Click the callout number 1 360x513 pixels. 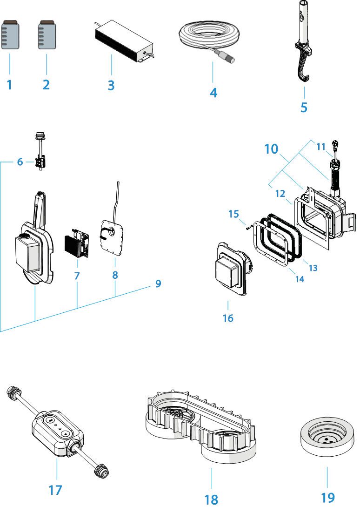click(9, 85)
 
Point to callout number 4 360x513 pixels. click(213, 92)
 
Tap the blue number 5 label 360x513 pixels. click(304, 107)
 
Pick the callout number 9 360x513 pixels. click(158, 283)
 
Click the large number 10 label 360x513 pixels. click(271, 149)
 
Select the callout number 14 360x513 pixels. click(300, 279)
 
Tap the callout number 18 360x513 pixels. click(211, 499)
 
